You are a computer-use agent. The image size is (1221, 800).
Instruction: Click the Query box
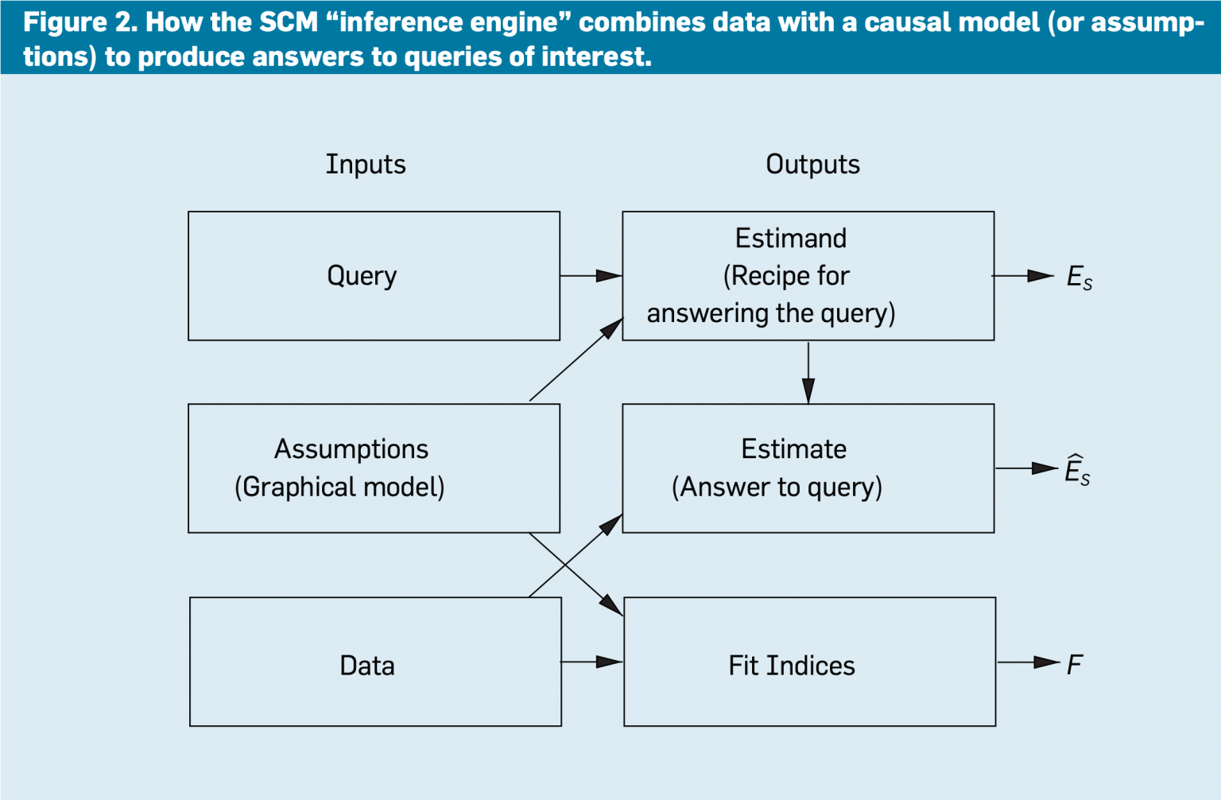point(374,276)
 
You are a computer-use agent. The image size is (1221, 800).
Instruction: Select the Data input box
point(375,662)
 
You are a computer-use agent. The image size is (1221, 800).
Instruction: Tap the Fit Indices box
point(809,662)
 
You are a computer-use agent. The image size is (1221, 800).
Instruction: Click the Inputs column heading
point(366,165)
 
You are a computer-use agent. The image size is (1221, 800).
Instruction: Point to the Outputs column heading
point(812,165)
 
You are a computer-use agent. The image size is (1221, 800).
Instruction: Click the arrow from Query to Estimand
point(591,276)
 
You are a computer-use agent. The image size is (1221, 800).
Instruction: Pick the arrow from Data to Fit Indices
point(591,662)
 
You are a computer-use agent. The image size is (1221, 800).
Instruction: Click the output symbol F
point(1075,664)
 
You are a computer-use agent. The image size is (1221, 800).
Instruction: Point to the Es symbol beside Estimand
point(1079,278)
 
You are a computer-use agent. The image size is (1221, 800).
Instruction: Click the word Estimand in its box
point(790,239)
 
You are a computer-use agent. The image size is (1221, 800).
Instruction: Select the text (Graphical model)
point(339,487)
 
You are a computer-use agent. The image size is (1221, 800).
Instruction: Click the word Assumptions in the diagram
point(351,449)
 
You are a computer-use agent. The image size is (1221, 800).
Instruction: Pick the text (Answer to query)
point(777,487)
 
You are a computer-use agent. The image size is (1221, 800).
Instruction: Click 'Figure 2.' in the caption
point(79,22)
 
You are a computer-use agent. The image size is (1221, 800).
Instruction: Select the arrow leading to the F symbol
point(1028,662)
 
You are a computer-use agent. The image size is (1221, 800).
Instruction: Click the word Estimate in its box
point(793,449)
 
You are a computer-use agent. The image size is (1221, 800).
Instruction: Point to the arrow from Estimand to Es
point(1023,276)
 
